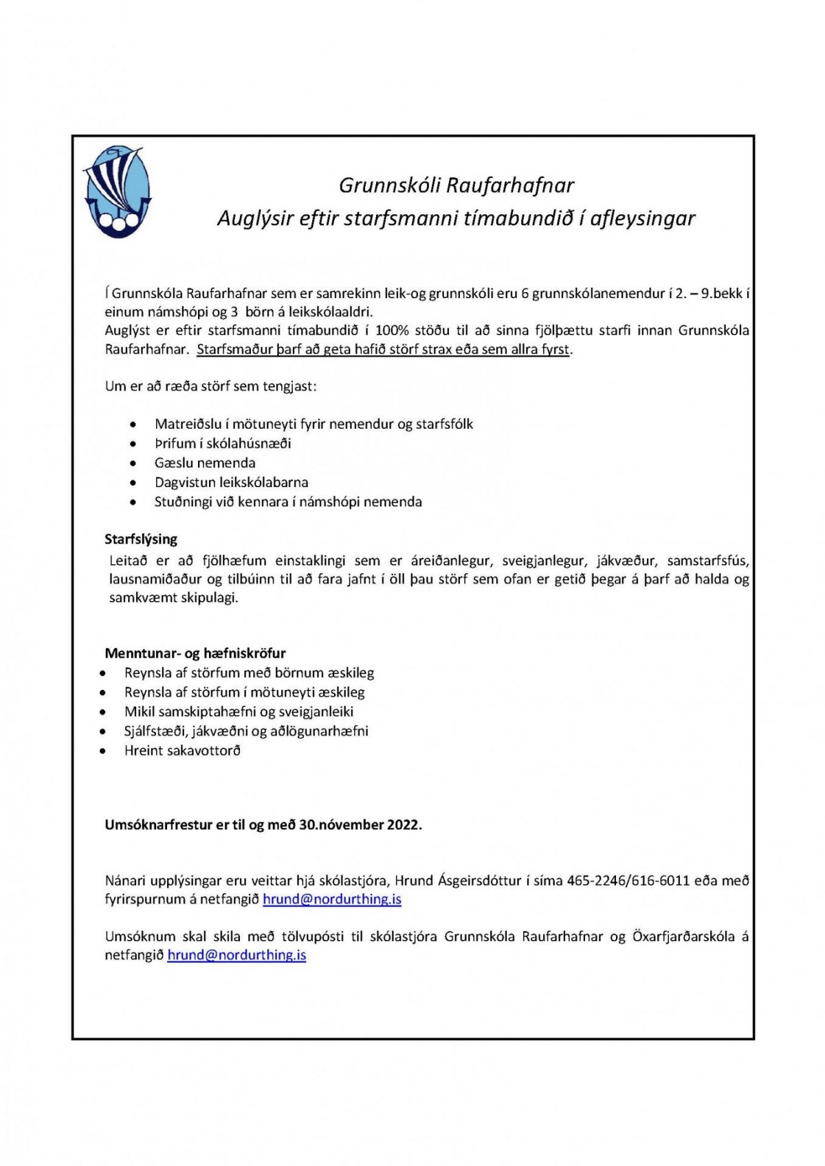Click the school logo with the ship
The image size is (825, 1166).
click(117, 192)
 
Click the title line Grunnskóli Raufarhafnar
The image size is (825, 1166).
click(456, 186)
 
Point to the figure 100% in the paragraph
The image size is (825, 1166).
click(392, 330)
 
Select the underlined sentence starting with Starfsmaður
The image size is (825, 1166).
click(383, 349)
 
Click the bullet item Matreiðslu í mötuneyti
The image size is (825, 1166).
click(313, 424)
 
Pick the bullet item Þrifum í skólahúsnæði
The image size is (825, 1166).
click(223, 443)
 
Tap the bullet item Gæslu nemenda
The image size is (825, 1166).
click(205, 463)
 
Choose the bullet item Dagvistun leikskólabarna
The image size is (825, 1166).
click(231, 482)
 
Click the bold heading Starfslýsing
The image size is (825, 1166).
click(141, 539)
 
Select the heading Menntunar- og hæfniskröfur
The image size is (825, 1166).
click(195, 653)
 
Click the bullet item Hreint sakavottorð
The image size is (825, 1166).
click(182, 751)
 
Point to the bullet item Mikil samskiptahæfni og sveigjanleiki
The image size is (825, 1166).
click(239, 712)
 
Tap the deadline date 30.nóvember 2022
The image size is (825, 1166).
click(360, 825)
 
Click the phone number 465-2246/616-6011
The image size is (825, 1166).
click(628, 881)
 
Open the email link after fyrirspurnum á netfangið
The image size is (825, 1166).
click(332, 899)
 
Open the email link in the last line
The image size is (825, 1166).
click(236, 955)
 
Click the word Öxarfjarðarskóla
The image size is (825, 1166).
click(683, 937)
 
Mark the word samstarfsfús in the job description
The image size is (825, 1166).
click(707, 561)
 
